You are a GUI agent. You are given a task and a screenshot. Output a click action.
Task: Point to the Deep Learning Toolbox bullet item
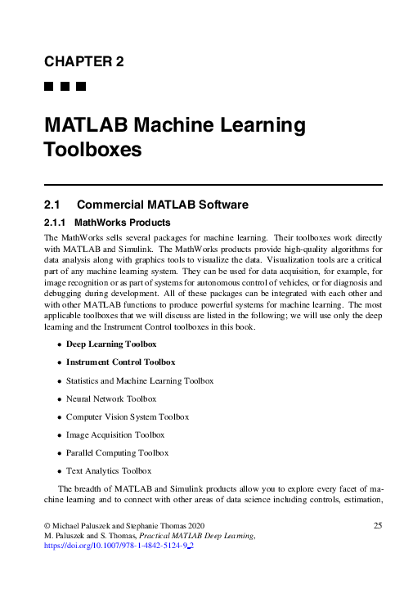(x=111, y=344)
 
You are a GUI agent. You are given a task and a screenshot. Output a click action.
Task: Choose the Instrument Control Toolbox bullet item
(x=120, y=362)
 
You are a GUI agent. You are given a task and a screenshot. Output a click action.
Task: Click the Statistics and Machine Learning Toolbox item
(x=140, y=380)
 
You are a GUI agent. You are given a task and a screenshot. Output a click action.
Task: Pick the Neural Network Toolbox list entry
(x=111, y=398)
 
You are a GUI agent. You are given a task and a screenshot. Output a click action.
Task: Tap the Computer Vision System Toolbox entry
(x=128, y=416)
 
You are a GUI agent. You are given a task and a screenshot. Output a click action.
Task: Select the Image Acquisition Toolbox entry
(x=116, y=434)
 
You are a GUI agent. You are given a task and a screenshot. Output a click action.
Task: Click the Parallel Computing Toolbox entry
(x=118, y=452)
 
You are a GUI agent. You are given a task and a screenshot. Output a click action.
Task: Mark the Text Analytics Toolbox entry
(x=109, y=470)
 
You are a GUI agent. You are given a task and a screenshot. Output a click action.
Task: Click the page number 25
(x=377, y=524)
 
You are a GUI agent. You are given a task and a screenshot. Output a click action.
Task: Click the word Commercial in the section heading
(x=120, y=205)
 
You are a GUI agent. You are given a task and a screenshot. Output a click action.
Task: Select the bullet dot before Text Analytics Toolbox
(x=59, y=471)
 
